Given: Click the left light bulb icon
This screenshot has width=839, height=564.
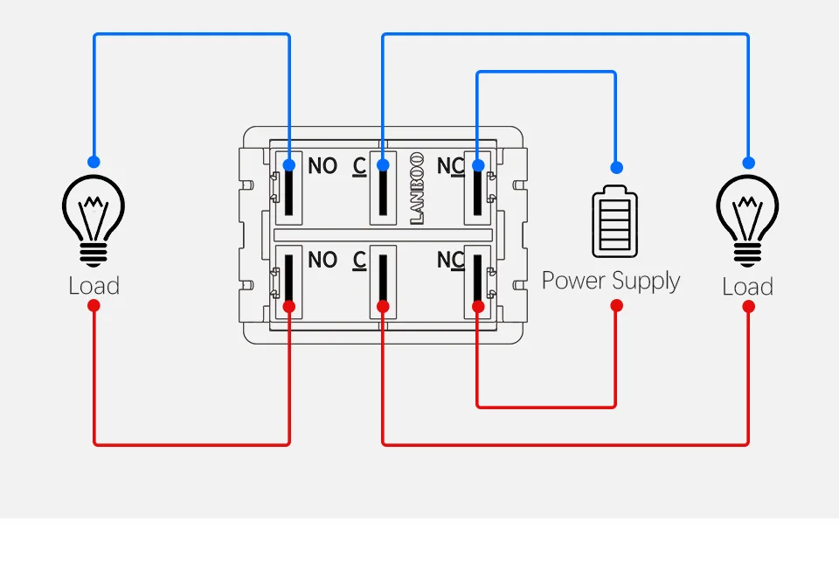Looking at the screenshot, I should point(94,219).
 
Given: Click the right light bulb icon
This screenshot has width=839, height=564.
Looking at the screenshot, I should point(747,219).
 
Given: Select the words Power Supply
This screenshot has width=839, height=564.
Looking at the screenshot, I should point(611,281).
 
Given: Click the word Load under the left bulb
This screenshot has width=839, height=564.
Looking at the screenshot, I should point(94,286).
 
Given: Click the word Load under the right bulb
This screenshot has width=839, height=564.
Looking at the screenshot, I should point(747,287).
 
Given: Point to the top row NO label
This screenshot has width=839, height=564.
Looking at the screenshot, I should point(322,166).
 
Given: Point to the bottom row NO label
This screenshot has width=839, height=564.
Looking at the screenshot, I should point(322,260).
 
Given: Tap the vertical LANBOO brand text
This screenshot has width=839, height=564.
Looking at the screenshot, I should point(417,188).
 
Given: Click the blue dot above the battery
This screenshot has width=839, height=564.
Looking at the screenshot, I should point(616,167).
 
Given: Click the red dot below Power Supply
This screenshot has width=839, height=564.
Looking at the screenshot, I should point(616,306).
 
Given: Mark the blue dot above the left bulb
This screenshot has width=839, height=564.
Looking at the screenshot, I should point(94,162).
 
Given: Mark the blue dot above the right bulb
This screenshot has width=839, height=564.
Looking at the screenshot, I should point(748,162).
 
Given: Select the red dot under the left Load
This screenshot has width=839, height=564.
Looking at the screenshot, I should point(94,306).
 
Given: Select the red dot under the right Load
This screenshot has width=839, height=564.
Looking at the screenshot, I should point(748,307).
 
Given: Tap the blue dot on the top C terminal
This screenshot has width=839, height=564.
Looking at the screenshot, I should point(383,165).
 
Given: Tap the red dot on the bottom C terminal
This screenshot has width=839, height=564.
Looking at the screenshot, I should point(383,306).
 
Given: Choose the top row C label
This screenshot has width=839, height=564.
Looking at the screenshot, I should point(359,166).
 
